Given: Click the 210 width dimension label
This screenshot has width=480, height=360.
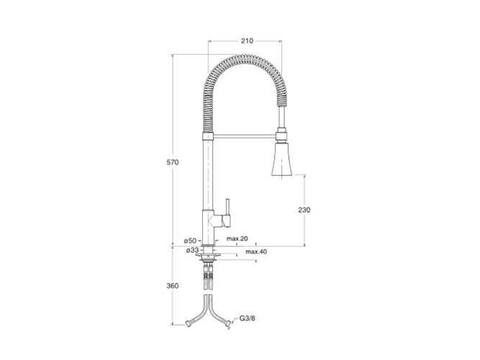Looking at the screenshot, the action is (247, 41).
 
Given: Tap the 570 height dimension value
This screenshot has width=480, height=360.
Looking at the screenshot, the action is (172, 163).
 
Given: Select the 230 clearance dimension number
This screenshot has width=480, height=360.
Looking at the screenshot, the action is (304, 210).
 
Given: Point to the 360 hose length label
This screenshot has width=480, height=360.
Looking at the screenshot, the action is (172, 286).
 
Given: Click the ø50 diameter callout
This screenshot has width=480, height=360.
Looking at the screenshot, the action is (190, 241).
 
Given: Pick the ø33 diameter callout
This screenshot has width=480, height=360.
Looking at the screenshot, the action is (192, 251).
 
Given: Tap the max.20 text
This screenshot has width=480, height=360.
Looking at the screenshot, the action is (237, 238).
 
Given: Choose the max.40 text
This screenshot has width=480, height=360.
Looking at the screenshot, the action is (256, 252).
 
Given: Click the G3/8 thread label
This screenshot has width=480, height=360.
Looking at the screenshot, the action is (247, 319).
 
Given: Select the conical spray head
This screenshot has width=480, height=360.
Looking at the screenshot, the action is (281, 158).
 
